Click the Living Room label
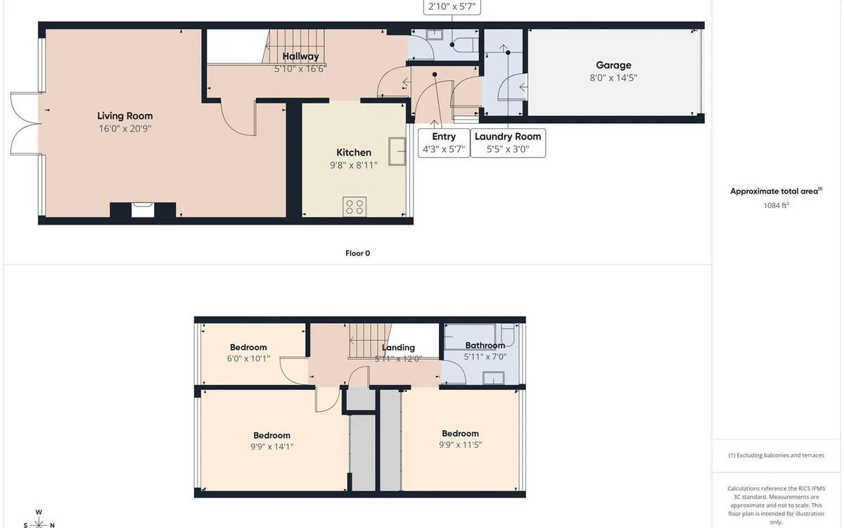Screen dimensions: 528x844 point(124,116)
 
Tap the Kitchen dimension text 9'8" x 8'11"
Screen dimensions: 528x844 point(353,165)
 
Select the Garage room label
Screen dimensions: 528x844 point(613,65)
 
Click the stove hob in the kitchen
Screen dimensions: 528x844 point(354,206)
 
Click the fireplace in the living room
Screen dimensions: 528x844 point(143,209)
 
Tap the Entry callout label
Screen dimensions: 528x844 point(444,137)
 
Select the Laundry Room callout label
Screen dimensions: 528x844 point(508,137)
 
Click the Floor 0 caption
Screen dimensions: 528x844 point(357,253)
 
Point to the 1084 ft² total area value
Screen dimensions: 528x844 point(776,206)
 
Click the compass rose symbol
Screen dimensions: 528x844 point(39,522)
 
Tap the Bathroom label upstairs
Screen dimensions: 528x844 point(485,345)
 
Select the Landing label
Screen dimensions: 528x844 point(398,347)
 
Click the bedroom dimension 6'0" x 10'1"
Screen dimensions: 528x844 point(249,358)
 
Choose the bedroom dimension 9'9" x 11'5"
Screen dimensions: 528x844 point(460,444)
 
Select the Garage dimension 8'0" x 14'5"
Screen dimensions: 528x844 point(613,78)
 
